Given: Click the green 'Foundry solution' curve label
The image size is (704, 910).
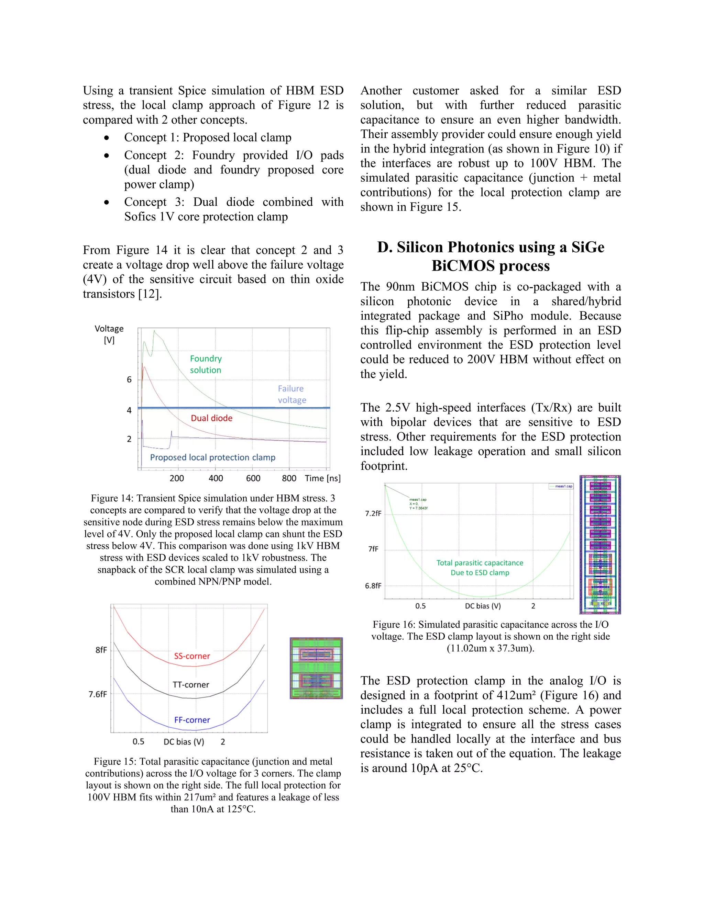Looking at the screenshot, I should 206,364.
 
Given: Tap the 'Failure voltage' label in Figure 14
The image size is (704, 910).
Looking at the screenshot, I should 291,394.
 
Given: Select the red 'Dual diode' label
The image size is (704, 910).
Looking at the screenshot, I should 211,418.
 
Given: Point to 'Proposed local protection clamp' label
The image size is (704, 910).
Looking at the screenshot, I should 213,457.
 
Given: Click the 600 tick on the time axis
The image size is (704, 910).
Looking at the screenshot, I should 253,478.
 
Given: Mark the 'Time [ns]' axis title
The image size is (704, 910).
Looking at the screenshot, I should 322,478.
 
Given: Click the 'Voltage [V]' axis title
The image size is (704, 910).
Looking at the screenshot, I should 109,334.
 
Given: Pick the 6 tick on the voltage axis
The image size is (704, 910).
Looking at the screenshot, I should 129,379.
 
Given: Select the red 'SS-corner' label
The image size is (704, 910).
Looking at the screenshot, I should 192,656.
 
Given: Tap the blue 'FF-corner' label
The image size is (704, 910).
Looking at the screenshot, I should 192,720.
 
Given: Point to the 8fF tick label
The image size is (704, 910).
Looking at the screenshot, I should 101,650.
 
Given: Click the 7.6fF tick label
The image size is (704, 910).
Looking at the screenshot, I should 98,694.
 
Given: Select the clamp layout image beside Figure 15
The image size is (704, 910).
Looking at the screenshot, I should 316,668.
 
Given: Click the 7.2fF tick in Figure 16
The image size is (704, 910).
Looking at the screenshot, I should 373,513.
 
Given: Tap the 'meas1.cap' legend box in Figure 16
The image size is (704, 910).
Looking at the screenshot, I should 561,486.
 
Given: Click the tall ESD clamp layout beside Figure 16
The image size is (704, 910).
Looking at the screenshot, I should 600,544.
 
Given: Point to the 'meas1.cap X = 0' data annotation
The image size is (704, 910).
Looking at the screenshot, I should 418,503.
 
